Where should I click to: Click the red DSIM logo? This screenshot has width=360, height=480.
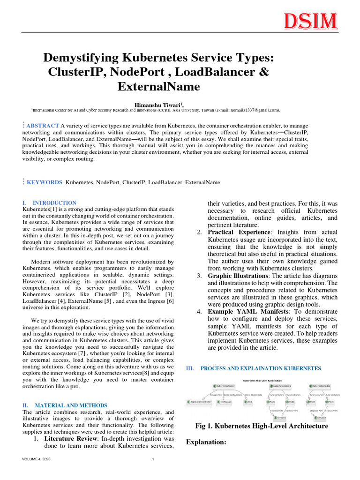tap(310, 22)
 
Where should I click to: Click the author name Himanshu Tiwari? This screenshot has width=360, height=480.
tap(156, 104)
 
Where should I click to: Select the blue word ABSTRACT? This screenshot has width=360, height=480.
tap(43, 126)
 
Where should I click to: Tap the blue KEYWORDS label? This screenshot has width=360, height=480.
tap(45, 182)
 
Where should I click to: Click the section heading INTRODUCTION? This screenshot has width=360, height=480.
tap(54, 202)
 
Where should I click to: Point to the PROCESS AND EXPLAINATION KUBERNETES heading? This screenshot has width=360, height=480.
tap(261, 368)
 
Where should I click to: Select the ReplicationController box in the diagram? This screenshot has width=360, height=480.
tap(199, 402)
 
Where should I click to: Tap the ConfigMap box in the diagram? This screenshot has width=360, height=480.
tap(225, 402)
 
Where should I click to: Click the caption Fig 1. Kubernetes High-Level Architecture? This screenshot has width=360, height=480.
tap(261, 426)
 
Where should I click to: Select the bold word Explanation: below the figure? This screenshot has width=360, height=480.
tap(207, 442)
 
